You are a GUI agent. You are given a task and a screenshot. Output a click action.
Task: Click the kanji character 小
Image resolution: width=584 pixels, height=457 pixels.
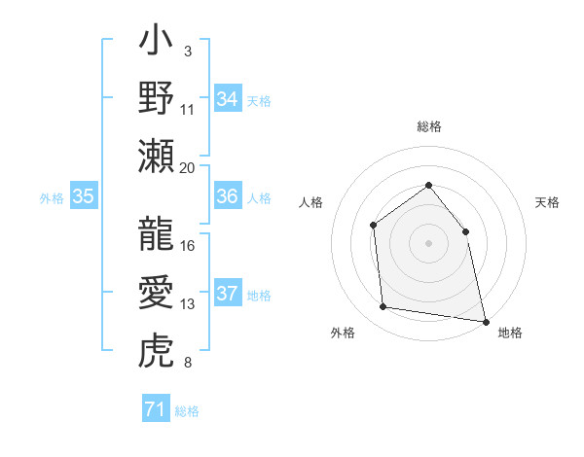pyautogui.click(x=156, y=45)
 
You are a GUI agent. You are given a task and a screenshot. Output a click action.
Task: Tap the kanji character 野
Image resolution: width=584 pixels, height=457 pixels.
pyautogui.click(x=156, y=99)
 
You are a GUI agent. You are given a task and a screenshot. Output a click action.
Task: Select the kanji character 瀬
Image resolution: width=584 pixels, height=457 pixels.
pyautogui.click(x=156, y=156)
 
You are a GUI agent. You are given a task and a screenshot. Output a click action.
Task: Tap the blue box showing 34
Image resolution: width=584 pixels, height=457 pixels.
pyautogui.click(x=228, y=99)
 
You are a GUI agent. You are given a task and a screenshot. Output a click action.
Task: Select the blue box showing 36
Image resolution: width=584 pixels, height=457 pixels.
pyautogui.click(x=228, y=197)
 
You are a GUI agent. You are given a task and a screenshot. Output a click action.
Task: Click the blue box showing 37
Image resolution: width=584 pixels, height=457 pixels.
pyautogui.click(x=228, y=295)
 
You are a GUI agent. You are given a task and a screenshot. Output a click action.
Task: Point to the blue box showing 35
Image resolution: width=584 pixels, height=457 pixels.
pyautogui.click(x=84, y=197)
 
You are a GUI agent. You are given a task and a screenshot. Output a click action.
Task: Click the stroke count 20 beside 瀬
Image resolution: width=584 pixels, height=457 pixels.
pyautogui.click(x=188, y=167)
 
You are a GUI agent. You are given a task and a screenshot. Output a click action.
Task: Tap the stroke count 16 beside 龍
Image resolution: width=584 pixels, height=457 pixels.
pyautogui.click(x=188, y=245)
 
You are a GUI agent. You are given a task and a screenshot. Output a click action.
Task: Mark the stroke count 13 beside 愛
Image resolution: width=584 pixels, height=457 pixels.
pyautogui.click(x=188, y=304)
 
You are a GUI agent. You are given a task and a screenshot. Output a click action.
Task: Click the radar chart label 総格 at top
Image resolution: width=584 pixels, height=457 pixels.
pyautogui.click(x=428, y=126)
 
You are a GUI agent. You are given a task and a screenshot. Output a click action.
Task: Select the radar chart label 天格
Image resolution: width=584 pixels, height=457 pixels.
pyautogui.click(x=548, y=202)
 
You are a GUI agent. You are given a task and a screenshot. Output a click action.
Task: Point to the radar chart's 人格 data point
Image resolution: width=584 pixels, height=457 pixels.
pyautogui.click(x=374, y=226)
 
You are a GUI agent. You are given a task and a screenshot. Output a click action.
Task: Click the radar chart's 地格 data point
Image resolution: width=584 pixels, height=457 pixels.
pyautogui.click(x=485, y=320)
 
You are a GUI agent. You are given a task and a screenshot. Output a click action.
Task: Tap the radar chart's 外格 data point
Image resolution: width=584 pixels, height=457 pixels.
pyautogui.click(x=383, y=307)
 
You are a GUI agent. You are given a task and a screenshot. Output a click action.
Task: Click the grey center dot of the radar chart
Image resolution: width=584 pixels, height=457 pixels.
pyautogui.click(x=428, y=243)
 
